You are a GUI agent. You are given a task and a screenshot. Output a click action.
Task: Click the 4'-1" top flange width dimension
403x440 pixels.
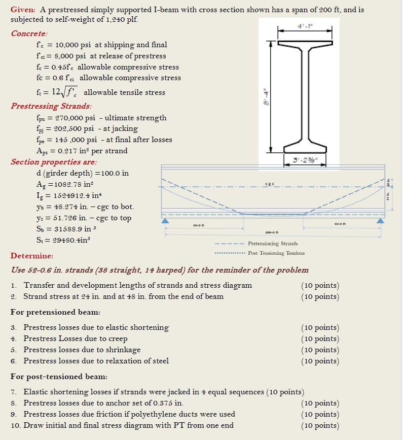pos(304,25)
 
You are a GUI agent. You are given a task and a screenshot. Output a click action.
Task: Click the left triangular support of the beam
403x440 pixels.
pos(165,221)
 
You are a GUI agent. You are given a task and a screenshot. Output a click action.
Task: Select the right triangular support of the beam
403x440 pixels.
pos(380,221)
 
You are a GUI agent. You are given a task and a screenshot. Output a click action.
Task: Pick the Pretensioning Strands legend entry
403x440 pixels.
pos(273,244)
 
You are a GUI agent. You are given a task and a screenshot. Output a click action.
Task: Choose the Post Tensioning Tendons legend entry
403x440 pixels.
pos(276,253)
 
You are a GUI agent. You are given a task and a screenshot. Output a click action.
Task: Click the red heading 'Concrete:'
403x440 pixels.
pos(29,33)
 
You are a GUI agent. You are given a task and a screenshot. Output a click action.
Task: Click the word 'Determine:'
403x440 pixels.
pos(31,256)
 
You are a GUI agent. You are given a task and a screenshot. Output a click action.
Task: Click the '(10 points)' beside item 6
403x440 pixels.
pos(320,361)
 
